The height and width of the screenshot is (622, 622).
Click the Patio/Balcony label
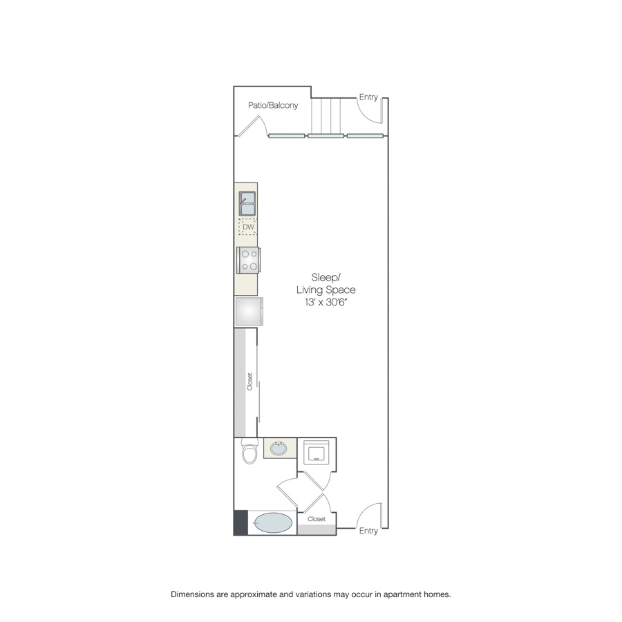coord(273,105)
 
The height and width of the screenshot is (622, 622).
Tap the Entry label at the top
coord(368,97)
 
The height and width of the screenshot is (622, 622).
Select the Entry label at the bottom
coord(368,531)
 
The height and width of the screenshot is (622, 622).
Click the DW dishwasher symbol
coord(248,227)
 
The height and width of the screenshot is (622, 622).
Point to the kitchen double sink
coord(247,203)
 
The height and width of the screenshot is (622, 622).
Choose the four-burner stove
coord(248,261)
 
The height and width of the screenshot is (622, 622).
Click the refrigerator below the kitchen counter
coord(249,312)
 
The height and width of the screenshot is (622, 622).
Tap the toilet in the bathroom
coord(250,451)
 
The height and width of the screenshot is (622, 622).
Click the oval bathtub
coord(273,523)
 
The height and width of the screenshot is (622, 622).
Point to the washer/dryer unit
coord(316,452)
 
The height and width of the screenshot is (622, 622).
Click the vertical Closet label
coord(250,381)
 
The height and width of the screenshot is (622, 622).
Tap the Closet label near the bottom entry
coord(317,519)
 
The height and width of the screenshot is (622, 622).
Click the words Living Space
coord(326,290)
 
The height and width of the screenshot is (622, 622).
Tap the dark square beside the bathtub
coord(241,522)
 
